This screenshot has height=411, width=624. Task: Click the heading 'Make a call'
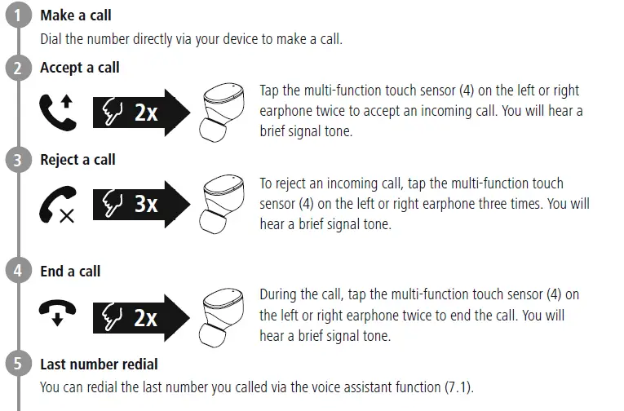click(76, 15)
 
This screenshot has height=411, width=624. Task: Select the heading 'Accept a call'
click(79, 68)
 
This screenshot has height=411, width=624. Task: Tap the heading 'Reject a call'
click(77, 160)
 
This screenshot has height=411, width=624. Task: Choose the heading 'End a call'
click(70, 271)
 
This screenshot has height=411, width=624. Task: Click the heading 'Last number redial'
click(99, 364)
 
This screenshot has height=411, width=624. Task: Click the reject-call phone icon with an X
click(56, 205)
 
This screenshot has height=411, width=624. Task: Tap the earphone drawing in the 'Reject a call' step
click(223, 203)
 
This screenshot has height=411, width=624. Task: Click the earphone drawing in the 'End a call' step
click(223, 315)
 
